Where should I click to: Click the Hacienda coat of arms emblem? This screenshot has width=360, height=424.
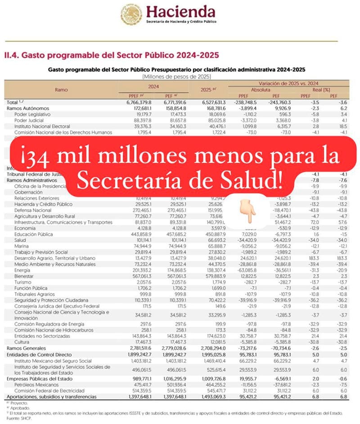(131, 14)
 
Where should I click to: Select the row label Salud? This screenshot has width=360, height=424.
(21, 240)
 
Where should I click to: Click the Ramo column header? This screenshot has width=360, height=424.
(61, 90)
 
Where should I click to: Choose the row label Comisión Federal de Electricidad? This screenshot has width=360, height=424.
(46, 390)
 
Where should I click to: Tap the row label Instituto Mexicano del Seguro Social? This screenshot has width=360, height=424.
(52, 361)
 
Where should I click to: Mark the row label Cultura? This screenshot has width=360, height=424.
(22, 342)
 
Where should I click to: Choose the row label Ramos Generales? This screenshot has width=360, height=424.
(26, 348)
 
